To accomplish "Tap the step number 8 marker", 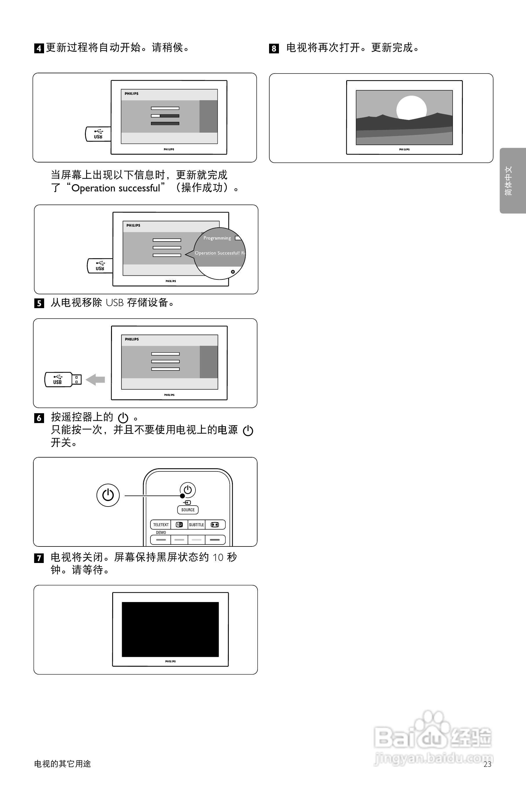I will click(x=274, y=49).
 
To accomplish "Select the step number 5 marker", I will click(x=39, y=303).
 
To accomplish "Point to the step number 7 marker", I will click(x=39, y=558).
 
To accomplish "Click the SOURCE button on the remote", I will click(x=188, y=510).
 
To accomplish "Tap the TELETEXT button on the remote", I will click(x=161, y=525).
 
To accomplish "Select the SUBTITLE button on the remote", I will click(x=196, y=525).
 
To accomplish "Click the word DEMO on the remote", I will click(x=161, y=532).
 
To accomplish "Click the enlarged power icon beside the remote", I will click(x=108, y=495).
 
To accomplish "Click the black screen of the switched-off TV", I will click(x=170, y=629).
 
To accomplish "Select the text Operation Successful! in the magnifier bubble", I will click(x=217, y=253).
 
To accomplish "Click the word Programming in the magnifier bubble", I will click(x=217, y=238).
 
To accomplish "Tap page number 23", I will click(x=487, y=764).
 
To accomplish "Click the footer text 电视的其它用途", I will click(x=63, y=764).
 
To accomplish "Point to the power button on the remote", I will click(x=188, y=490).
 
